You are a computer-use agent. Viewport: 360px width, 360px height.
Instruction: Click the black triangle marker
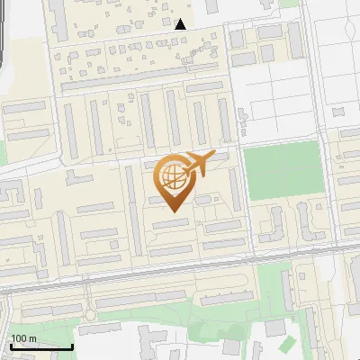point(181,24)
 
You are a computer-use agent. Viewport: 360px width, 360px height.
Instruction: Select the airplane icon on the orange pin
point(197,165)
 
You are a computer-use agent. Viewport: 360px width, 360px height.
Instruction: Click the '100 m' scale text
point(23,337)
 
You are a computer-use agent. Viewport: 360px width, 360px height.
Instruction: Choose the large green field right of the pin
point(283,170)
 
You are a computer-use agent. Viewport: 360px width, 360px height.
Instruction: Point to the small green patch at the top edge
point(290,3)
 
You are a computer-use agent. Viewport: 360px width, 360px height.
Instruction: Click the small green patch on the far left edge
point(3,151)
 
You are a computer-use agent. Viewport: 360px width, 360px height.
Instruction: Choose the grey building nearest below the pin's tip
point(170,222)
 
